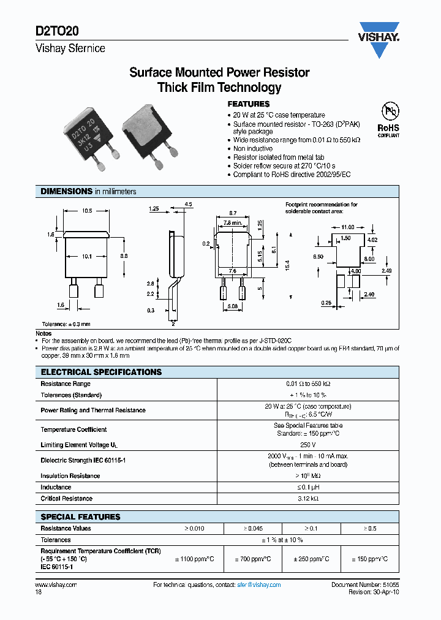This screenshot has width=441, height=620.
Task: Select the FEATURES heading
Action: pyautogui.click(x=248, y=104)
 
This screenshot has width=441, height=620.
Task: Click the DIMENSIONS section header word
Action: pyautogui.click(x=66, y=192)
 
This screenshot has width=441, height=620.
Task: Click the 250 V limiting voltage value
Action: pyautogui.click(x=308, y=445)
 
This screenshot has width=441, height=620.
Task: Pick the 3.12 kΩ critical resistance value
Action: pyautogui.click(x=308, y=499)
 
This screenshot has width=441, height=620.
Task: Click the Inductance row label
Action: pyautogui.click(x=56, y=487)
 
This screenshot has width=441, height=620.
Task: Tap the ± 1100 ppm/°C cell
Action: pyautogui.click(x=194, y=559)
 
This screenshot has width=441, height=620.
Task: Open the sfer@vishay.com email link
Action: pyautogui.click(x=258, y=585)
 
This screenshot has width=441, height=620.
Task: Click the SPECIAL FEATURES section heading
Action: pyautogui.click(x=80, y=516)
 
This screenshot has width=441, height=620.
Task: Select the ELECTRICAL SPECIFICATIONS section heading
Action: pyautogui.click(x=101, y=372)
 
